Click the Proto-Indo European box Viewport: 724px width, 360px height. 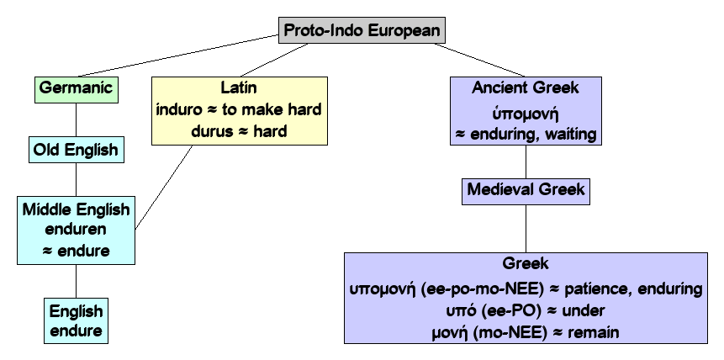click(362, 30)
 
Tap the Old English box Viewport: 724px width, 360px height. click(76, 151)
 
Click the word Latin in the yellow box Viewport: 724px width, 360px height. click(236, 87)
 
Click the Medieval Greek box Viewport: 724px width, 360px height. click(526, 189)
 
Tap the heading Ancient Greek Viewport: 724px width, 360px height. click(526, 87)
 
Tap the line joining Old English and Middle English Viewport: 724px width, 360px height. click(76, 179)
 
